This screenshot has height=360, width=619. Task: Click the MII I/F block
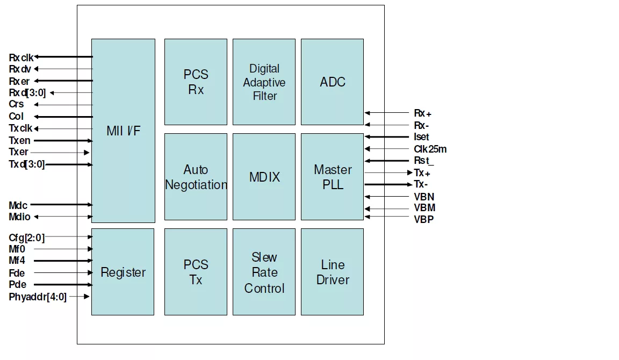(x=123, y=131)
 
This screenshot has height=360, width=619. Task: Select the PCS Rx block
(x=196, y=82)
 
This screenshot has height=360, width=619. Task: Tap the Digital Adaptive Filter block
(x=264, y=82)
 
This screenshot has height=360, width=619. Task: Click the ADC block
(x=332, y=82)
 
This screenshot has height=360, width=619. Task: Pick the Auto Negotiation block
(x=196, y=177)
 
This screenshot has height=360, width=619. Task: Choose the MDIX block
(x=264, y=177)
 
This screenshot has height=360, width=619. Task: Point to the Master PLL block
(x=332, y=177)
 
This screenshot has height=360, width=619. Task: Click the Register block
(x=123, y=272)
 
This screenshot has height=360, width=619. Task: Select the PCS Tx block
(x=196, y=272)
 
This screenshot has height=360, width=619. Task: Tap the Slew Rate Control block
(x=264, y=272)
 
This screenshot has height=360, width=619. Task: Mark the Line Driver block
(x=332, y=272)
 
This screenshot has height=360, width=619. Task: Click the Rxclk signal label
(x=21, y=57)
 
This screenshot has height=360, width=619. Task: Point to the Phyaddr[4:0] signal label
(x=38, y=297)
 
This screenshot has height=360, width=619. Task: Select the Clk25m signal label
(x=430, y=149)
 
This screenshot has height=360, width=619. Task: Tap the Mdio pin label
(x=20, y=217)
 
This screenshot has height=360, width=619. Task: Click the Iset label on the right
(x=422, y=137)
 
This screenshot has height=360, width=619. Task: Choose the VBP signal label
(x=424, y=219)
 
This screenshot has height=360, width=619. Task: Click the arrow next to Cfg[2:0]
(x=70, y=236)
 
